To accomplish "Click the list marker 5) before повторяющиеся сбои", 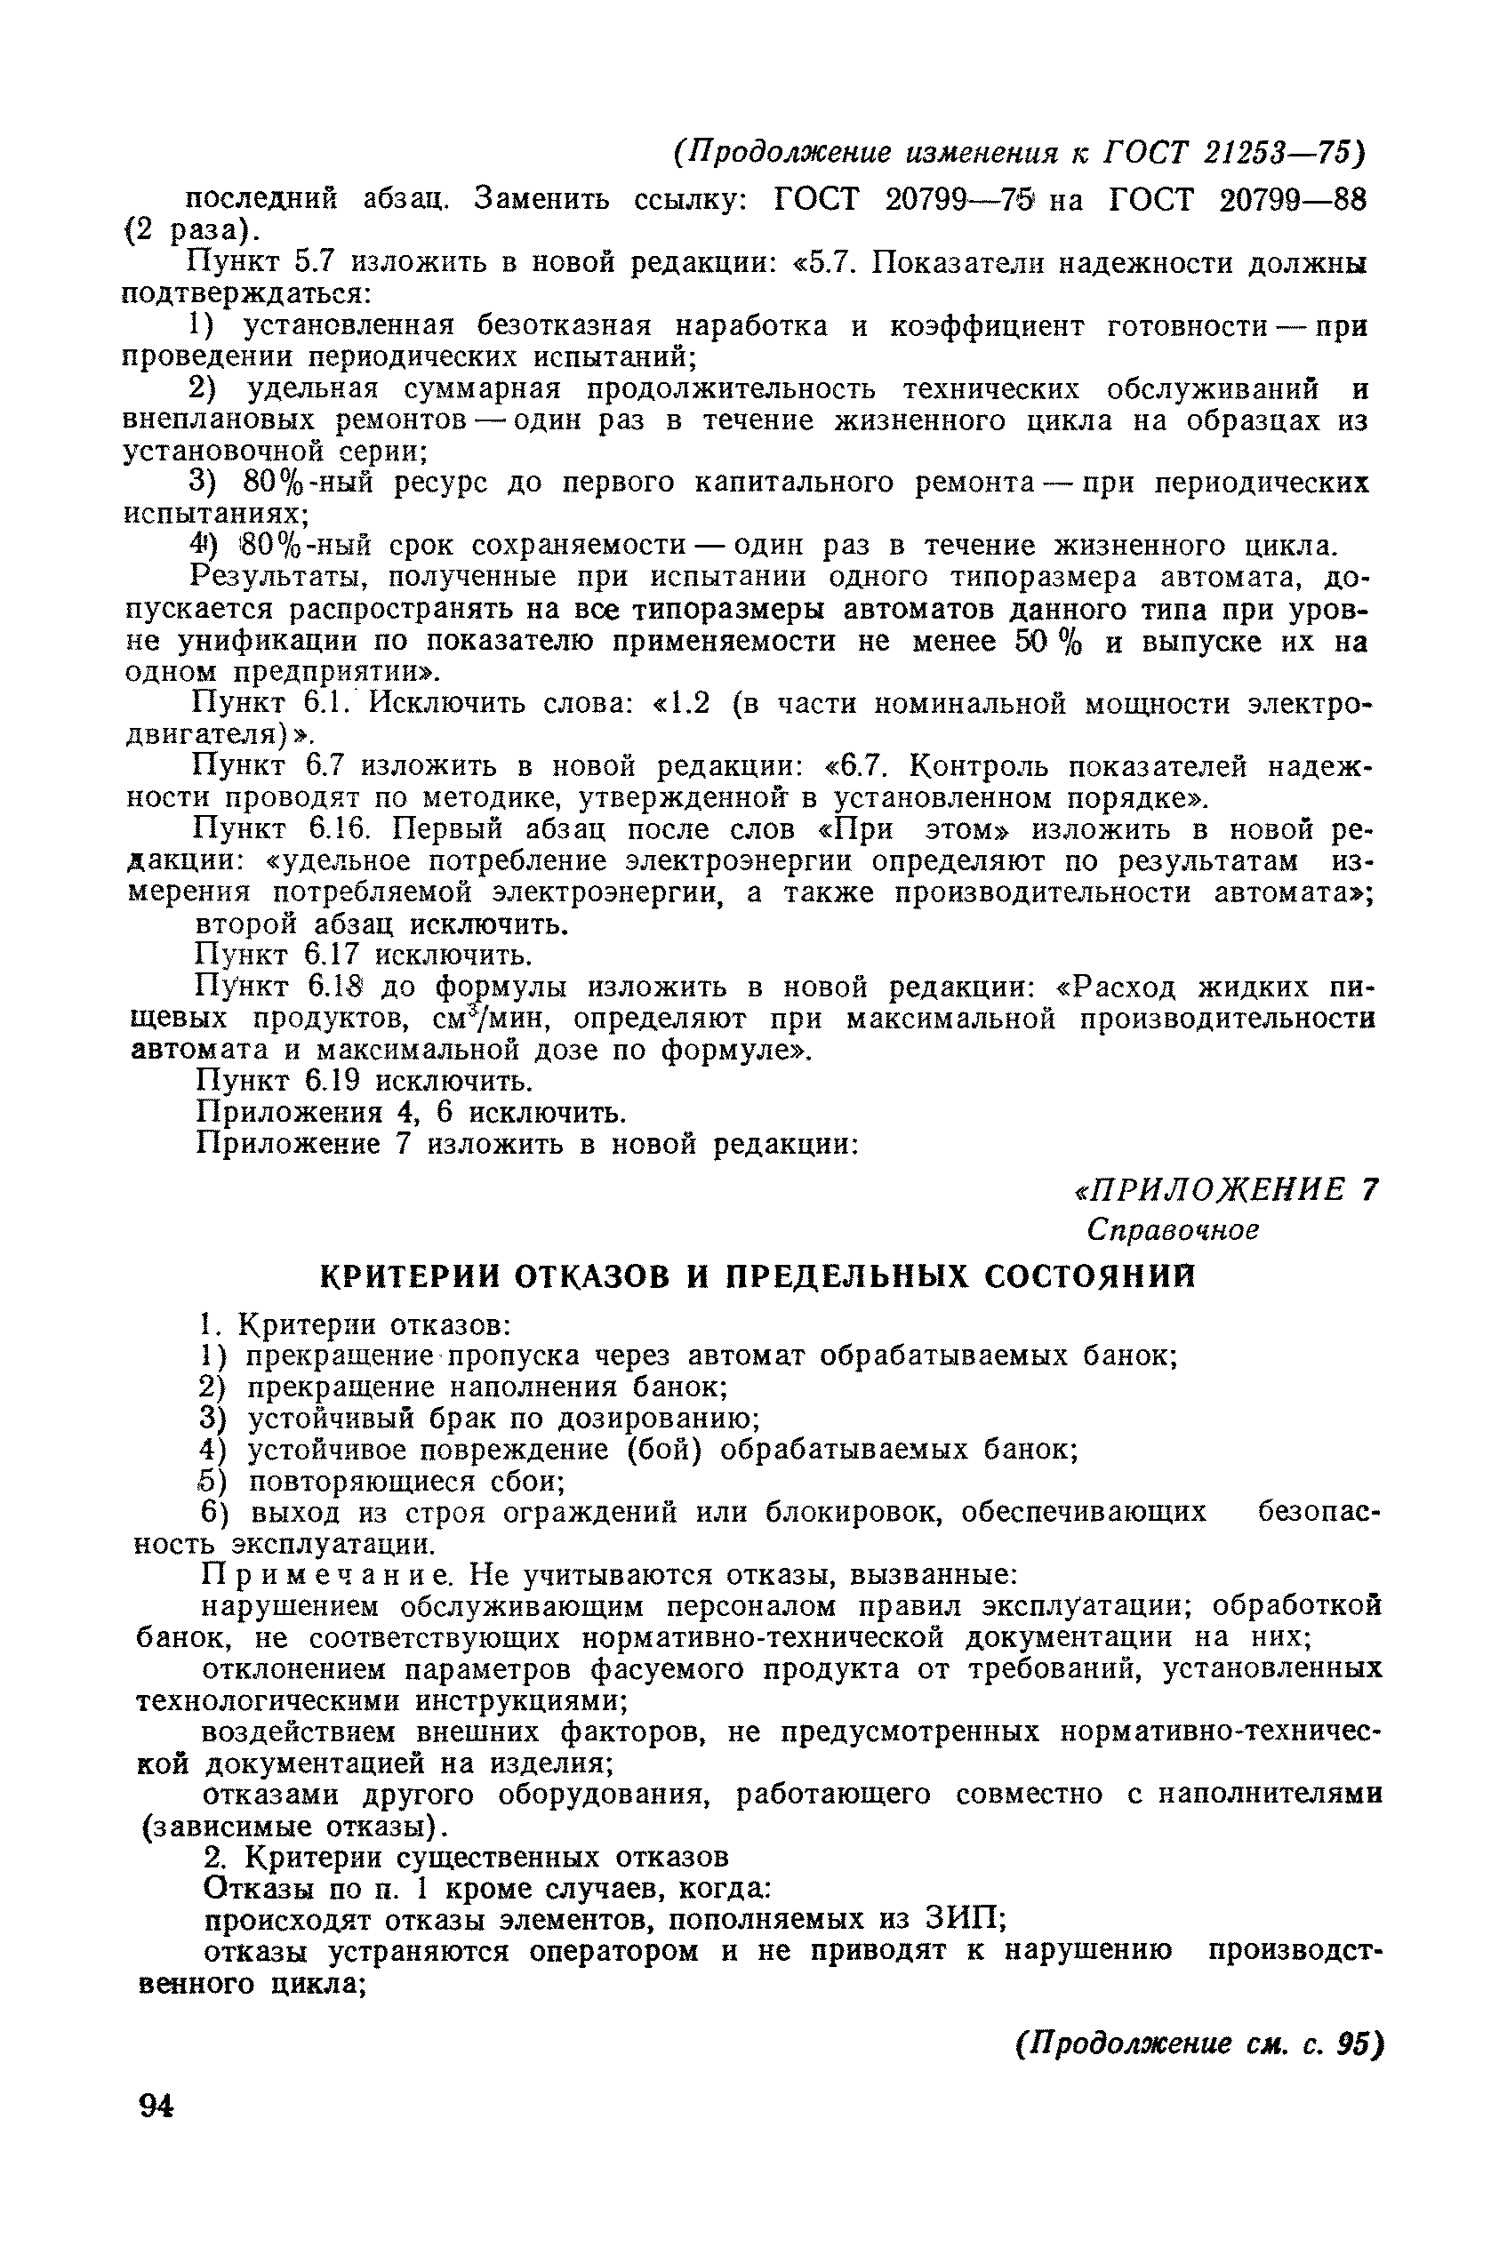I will point(211,1481).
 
